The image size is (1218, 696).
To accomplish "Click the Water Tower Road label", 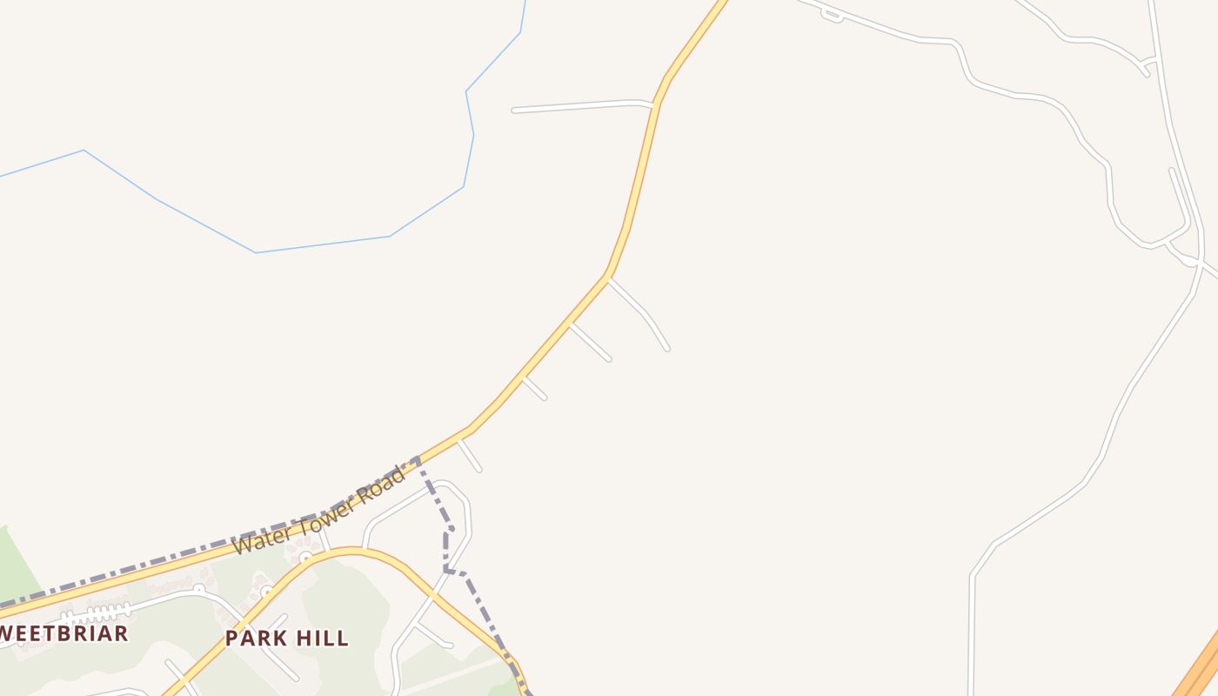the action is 319,512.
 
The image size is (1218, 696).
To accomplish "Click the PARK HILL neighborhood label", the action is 287,638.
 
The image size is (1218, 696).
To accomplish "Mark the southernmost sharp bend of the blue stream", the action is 256,252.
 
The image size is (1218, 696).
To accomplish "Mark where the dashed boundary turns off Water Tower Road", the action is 419,458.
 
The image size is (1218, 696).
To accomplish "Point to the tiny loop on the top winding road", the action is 832,15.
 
